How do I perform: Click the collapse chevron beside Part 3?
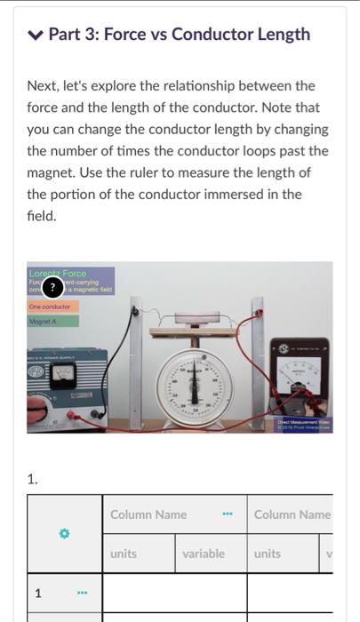[35, 36]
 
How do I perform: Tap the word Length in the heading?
[280, 35]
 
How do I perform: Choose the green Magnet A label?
[44, 320]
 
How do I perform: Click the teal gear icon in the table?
[63, 533]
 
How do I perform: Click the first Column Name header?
[148, 514]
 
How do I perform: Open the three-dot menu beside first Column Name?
[227, 514]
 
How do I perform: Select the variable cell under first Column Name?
[204, 554]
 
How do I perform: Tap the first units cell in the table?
[124, 554]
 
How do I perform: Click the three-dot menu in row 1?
[80, 593]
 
